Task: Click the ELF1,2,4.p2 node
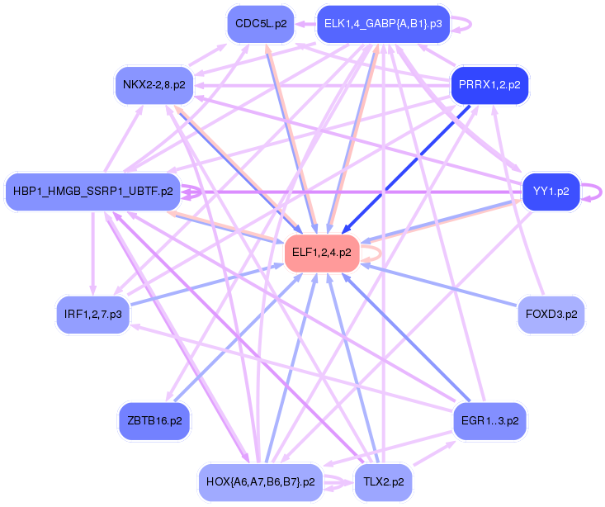[321, 253]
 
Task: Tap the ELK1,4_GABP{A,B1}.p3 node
[383, 23]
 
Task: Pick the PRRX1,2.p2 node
[489, 84]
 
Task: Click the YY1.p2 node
[551, 191]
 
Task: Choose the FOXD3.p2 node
[551, 315]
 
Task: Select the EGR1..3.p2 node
[490, 420]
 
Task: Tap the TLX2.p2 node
[382, 481]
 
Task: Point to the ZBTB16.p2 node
[154, 420]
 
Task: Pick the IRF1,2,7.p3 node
[93, 315]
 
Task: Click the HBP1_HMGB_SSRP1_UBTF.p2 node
[93, 191]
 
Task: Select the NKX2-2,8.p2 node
[154, 84]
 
